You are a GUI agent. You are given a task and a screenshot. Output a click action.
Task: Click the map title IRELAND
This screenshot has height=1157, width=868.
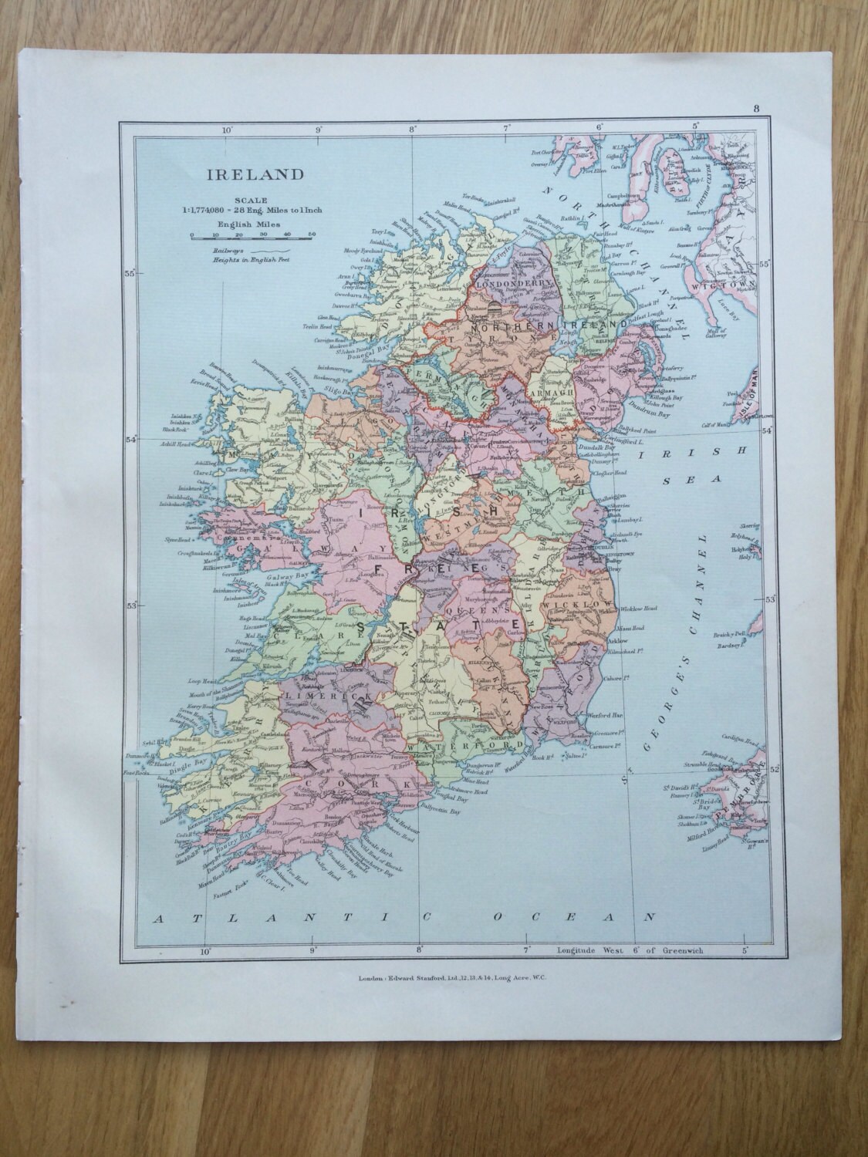tap(244, 174)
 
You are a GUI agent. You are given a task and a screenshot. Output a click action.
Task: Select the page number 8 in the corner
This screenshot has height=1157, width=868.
tap(757, 109)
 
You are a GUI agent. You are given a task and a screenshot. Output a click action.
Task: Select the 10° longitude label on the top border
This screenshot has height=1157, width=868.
tap(227, 131)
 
